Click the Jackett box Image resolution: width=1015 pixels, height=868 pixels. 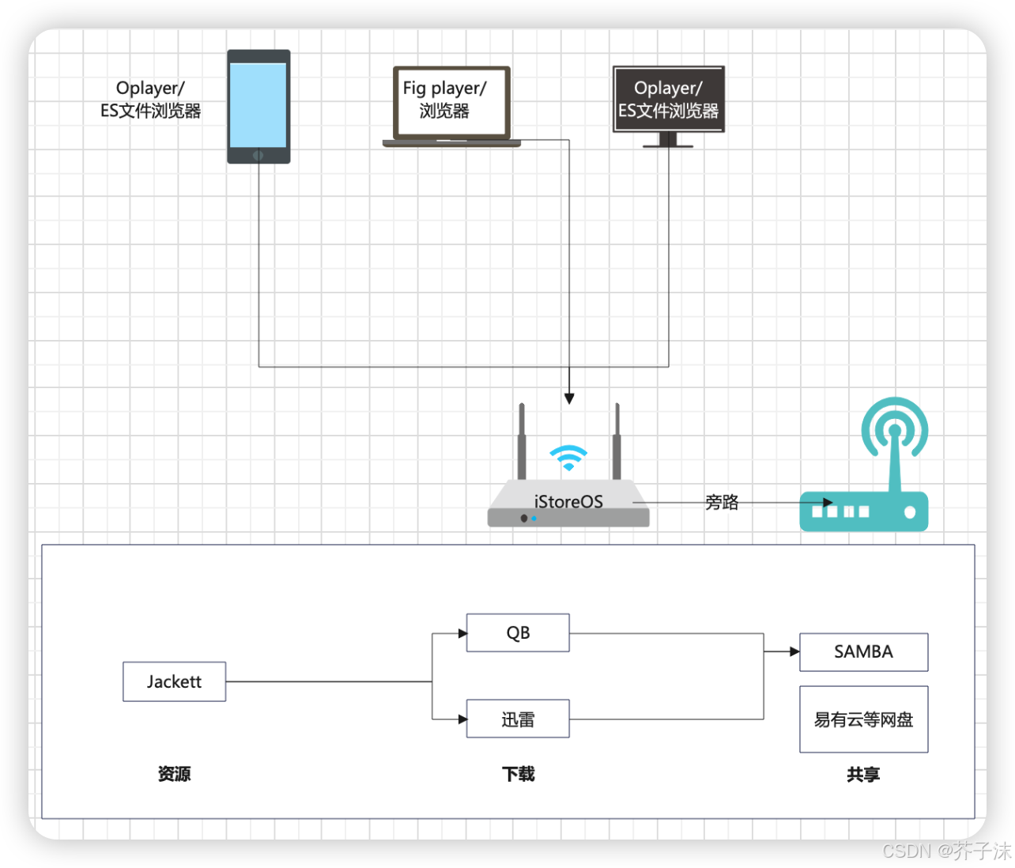click(x=174, y=681)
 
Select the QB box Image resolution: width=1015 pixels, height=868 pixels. click(x=518, y=632)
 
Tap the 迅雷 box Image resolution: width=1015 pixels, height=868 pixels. click(x=518, y=719)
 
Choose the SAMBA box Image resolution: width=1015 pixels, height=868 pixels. click(x=863, y=652)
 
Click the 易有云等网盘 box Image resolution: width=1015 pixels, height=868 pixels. click(x=863, y=719)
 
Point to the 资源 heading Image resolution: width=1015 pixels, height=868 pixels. click(x=174, y=774)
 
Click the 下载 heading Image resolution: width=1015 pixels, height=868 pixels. click(x=518, y=774)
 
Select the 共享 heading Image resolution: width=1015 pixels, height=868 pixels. click(x=863, y=775)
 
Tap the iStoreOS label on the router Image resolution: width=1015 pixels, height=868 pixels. click(x=568, y=502)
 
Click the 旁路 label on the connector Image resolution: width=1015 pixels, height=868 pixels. click(x=722, y=502)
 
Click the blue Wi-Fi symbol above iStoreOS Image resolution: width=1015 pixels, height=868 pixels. click(x=568, y=457)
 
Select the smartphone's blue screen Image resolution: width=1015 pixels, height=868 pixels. click(x=258, y=104)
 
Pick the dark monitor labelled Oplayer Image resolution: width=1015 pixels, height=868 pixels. click(x=668, y=100)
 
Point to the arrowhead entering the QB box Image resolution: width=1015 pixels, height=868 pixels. click(x=462, y=633)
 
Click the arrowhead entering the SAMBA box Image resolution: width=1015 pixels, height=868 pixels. click(x=794, y=652)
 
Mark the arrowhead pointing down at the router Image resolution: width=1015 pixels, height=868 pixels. click(x=569, y=399)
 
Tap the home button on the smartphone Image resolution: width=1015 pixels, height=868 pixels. click(x=258, y=156)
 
